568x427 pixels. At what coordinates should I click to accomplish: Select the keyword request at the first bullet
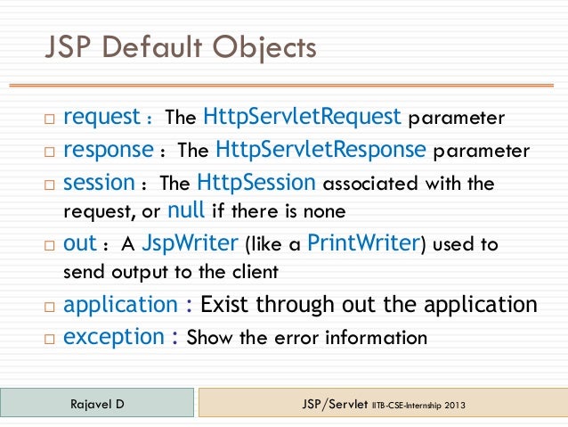coord(101,117)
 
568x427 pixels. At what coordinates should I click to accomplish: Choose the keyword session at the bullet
coord(99,183)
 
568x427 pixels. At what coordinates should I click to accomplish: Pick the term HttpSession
coord(256,183)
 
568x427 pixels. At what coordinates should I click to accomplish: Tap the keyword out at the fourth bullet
coord(78,243)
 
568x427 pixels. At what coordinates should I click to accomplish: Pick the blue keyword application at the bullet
coord(120,305)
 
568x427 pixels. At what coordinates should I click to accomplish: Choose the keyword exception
coord(114,337)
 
